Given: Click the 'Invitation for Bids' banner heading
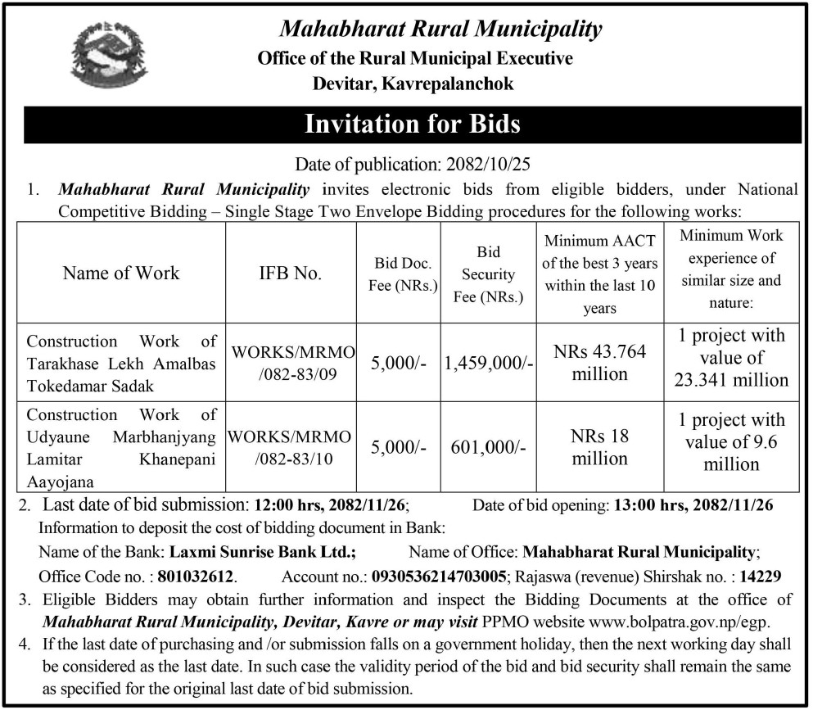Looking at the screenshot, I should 412,124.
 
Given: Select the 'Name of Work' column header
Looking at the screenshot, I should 121,273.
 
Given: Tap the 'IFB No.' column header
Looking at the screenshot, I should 291,273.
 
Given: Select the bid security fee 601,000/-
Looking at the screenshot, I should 488,447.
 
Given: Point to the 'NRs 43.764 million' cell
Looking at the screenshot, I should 599,363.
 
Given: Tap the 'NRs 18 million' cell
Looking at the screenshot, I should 599,447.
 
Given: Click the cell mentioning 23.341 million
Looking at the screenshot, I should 731,357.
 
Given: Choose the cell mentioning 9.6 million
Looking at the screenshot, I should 731,441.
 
